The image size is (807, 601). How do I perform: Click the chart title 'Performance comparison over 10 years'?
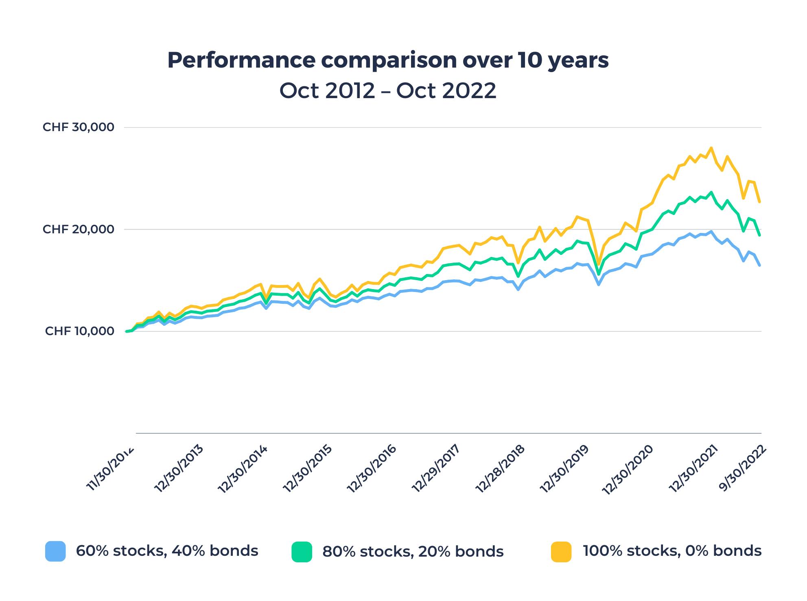(x=388, y=60)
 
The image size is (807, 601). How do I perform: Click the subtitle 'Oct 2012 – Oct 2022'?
(x=388, y=90)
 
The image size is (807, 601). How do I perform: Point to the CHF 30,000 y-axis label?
(x=79, y=127)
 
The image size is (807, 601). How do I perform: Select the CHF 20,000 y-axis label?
(x=79, y=229)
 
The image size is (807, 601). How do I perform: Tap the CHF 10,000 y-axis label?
(x=80, y=331)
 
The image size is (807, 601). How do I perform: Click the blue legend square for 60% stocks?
(x=55, y=551)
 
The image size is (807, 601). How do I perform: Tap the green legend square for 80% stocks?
(x=302, y=552)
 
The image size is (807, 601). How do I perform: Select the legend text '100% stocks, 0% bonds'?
(x=672, y=551)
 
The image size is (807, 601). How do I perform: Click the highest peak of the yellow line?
(x=711, y=148)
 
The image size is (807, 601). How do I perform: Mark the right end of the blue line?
(x=759, y=265)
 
